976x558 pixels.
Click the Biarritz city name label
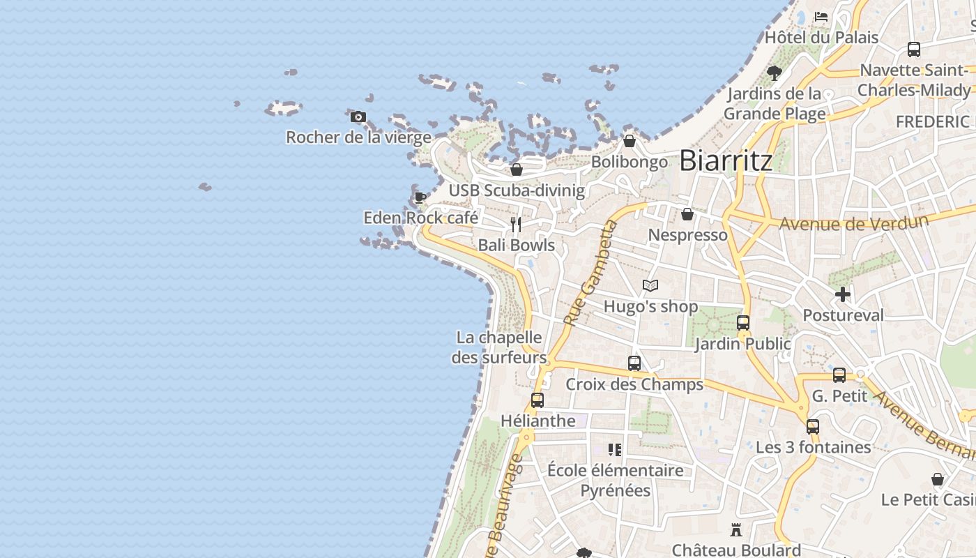tap(726, 160)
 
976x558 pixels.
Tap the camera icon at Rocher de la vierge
tap(358, 116)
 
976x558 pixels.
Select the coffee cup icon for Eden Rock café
tap(420, 197)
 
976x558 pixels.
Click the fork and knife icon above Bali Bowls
tap(516, 224)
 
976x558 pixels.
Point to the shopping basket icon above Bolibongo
tap(630, 141)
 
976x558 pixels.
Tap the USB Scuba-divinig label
tap(517, 190)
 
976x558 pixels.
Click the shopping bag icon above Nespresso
tap(687, 214)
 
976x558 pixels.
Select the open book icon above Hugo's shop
tap(650, 285)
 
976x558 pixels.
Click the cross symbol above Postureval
tap(843, 294)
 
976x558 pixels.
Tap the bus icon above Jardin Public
tap(743, 323)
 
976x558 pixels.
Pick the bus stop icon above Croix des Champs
tap(634, 363)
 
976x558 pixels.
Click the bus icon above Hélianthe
tap(537, 400)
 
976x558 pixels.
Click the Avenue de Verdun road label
tap(854, 223)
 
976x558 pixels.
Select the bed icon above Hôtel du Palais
tap(821, 16)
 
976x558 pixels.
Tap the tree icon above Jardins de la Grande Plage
tap(774, 72)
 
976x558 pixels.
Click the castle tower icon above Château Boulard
tap(735, 530)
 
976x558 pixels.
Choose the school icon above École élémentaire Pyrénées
tap(615, 449)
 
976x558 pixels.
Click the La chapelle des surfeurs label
tap(498, 347)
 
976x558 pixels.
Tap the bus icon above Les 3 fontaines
tap(813, 426)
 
